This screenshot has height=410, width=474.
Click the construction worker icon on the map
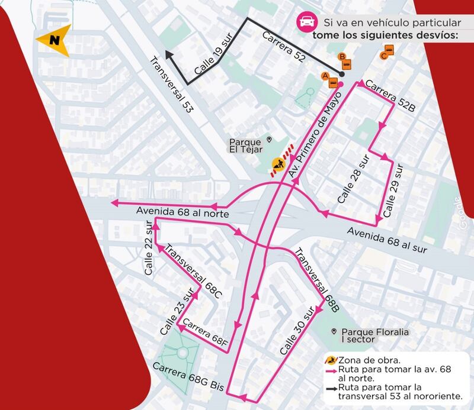(277, 164)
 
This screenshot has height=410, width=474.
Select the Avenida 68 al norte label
(174, 211)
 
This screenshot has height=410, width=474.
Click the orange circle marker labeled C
(385, 56)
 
